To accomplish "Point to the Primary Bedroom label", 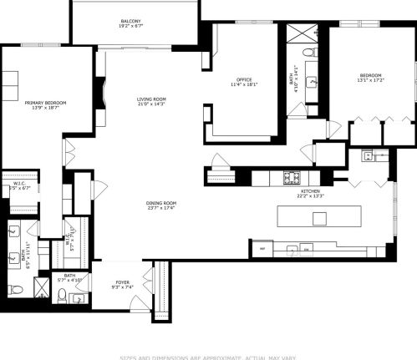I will click(45, 104).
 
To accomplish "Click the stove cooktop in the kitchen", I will click(292, 176).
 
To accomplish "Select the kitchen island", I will click(321, 218).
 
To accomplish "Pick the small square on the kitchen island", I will click(319, 219).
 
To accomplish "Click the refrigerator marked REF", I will click(262, 249).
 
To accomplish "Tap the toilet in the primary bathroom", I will click(15, 289).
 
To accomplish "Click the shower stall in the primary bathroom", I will click(40, 289).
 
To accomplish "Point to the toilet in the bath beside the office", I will click(311, 53).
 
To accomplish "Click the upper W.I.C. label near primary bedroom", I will click(20, 185).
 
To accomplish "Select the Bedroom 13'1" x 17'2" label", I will click(369, 79).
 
